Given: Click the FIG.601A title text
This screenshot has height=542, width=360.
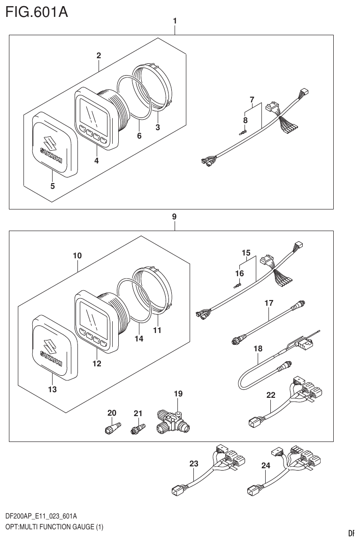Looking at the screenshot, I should (x=37, y=11).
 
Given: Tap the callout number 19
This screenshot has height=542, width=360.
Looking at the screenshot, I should (x=178, y=394).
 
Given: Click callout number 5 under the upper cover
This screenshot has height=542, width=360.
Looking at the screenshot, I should (x=53, y=186).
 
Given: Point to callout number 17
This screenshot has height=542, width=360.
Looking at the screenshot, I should (x=268, y=303).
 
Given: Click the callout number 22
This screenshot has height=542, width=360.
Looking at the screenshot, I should (x=270, y=395).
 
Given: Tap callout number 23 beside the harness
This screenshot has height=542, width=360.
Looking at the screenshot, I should (x=194, y=464).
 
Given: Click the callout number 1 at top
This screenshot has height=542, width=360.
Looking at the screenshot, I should (x=175, y=21).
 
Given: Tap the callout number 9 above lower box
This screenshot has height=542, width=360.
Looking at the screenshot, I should (x=174, y=217).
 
